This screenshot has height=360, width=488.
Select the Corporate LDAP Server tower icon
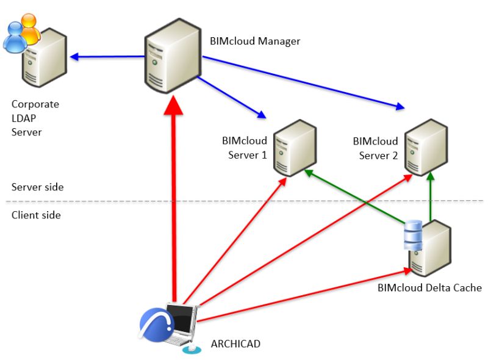43,58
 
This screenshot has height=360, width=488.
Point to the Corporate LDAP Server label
35,118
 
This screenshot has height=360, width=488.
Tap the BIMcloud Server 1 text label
245,148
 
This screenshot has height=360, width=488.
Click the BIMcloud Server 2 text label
375,148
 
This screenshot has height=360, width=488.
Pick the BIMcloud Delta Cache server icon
431,249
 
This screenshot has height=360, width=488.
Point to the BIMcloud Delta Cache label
429,288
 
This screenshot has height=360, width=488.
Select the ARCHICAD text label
235,344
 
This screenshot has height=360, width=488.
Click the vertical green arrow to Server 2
431,198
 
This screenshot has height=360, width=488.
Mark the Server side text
37,187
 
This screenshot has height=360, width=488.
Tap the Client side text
36,215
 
